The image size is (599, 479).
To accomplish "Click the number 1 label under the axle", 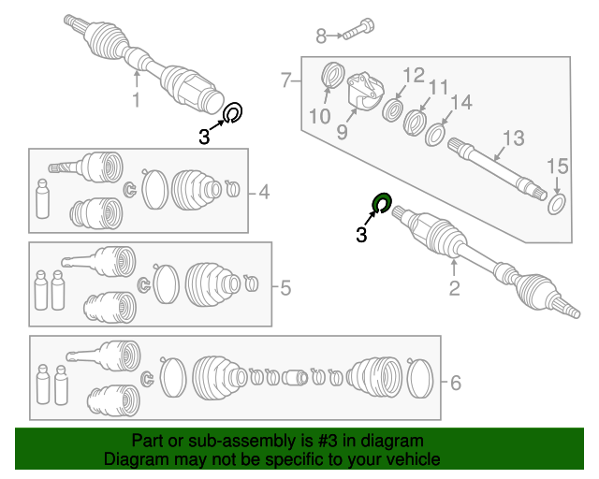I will point(136,100).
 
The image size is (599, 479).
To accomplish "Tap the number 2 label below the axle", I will point(454,288).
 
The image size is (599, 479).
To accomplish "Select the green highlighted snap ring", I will point(381,203).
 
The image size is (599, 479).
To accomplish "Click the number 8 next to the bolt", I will point(321,36).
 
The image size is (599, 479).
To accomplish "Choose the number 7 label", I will point(286,80).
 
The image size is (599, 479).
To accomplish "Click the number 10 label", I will point(319,116).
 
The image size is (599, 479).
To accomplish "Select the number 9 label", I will point(343,132).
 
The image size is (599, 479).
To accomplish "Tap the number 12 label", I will point(414,75).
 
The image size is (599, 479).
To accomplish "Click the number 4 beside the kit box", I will point(264,193).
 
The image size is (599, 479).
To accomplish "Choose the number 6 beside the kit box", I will point(456,382).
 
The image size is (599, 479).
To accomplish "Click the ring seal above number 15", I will point(556,203).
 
